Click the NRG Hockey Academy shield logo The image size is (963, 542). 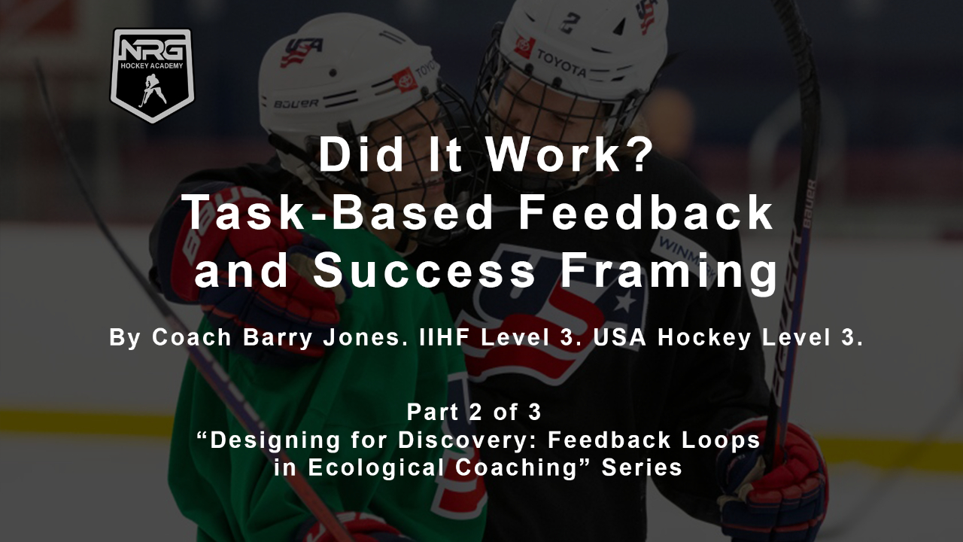pos(152,75)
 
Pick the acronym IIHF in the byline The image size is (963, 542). pos(444,337)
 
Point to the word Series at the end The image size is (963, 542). pos(642,467)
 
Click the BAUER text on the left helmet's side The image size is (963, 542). pos(296,104)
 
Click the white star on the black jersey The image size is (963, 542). pos(624,300)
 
